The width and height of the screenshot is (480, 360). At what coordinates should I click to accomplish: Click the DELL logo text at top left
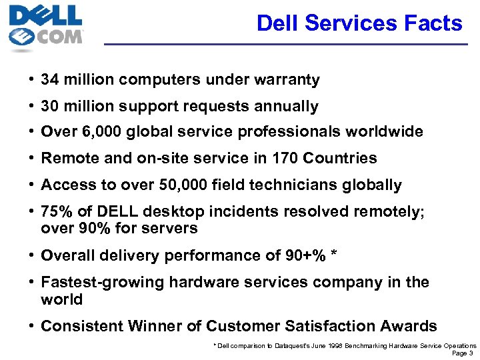[45, 15]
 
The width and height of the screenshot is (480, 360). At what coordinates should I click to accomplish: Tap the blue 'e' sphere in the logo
[21, 37]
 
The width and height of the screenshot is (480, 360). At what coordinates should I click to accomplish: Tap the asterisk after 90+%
[334, 255]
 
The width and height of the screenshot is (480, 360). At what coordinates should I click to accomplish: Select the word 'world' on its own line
[61, 299]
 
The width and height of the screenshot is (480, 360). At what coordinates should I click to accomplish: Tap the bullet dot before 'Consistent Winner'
[32, 326]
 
